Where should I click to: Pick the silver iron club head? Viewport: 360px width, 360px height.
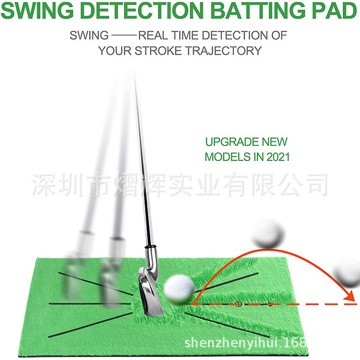point(149,288)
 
